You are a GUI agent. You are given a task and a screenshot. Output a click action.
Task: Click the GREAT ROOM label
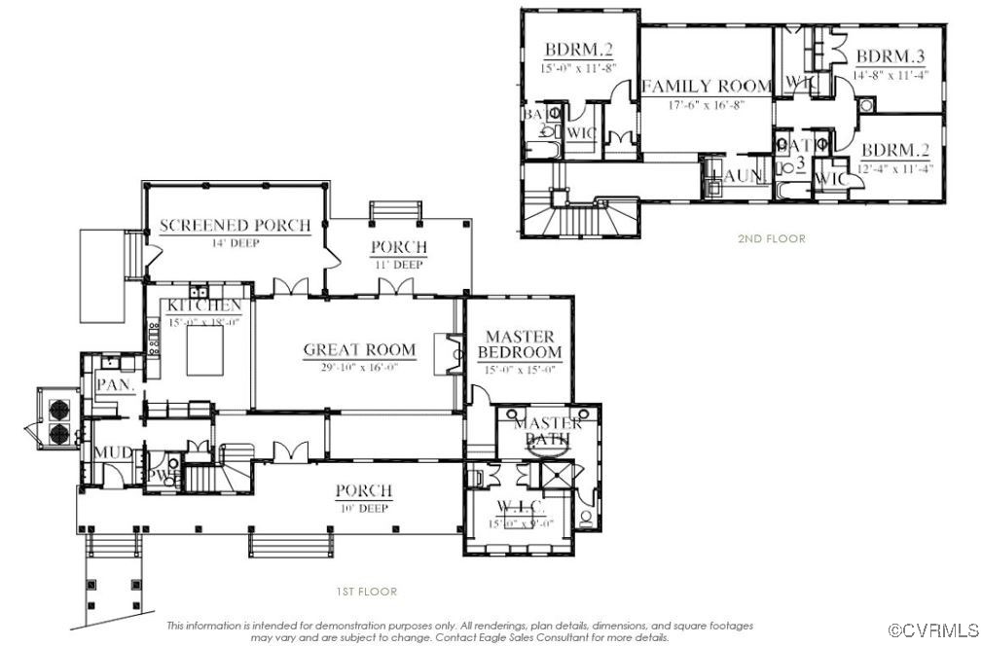point(359,350)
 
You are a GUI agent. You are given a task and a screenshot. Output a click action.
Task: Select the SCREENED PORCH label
point(235,226)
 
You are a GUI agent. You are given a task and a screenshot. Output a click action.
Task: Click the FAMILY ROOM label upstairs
point(706,87)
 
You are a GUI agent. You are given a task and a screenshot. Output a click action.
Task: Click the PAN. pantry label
point(109,385)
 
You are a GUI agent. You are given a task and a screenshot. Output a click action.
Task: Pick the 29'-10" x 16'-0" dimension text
point(359,367)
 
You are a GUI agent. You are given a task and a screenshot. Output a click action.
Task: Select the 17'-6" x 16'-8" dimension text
point(706,104)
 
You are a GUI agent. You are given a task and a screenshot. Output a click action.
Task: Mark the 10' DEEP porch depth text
point(363,508)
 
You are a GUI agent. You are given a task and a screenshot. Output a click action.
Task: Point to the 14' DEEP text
point(235,242)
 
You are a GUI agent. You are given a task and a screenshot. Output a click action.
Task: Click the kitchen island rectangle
point(202,351)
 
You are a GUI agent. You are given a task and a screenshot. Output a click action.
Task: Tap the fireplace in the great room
point(453,352)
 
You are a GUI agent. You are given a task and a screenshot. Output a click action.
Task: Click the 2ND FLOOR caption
point(772,238)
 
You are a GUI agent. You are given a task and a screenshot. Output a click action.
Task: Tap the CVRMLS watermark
point(935,630)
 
